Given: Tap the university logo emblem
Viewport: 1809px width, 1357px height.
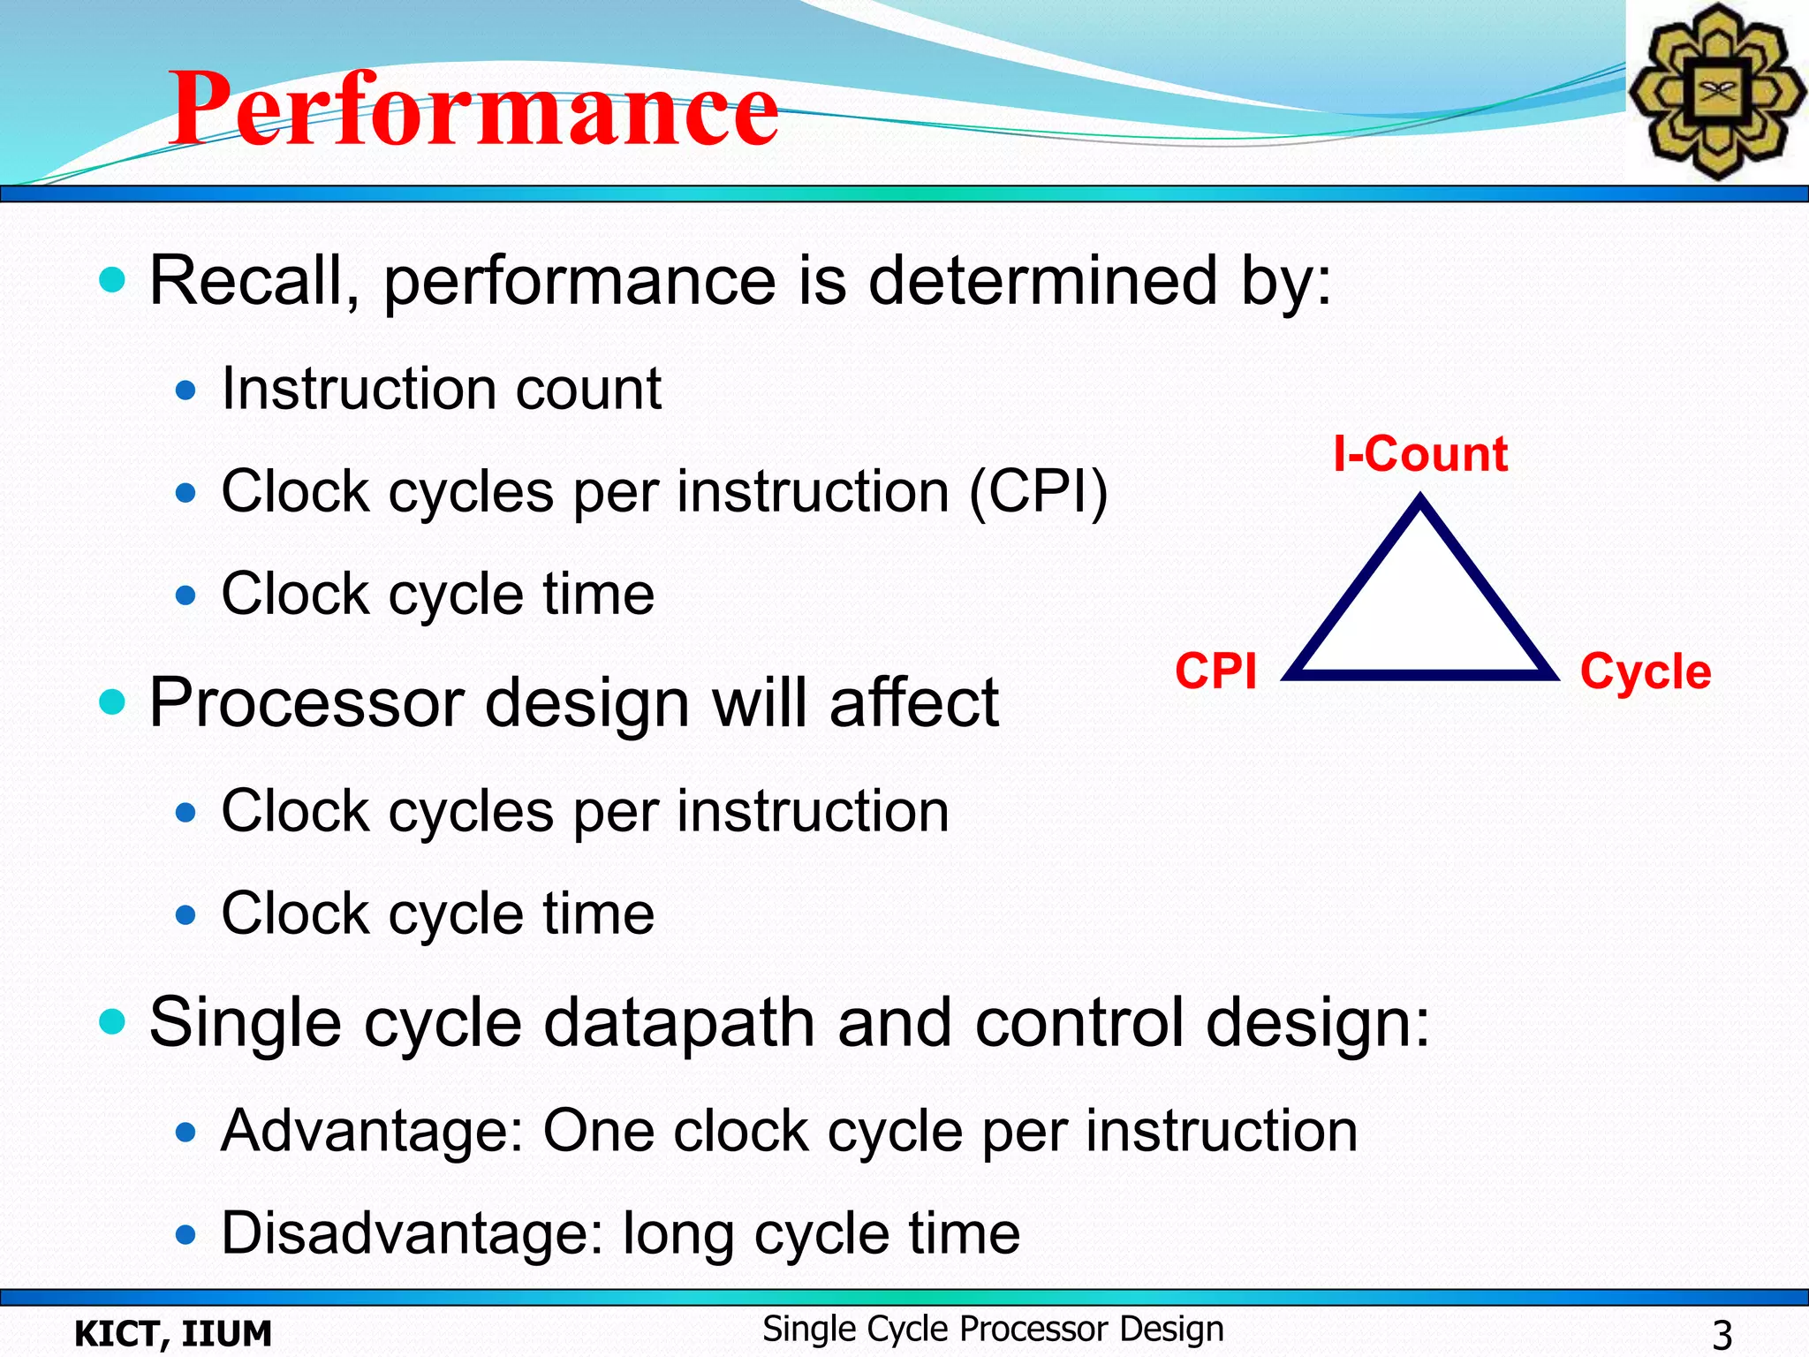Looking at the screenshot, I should point(1715,91).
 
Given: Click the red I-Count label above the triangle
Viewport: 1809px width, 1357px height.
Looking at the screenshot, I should point(1419,454).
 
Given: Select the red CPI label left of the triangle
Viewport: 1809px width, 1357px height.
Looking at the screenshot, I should point(1215,671).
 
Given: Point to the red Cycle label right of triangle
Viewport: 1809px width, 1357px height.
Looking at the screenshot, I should point(1645,672).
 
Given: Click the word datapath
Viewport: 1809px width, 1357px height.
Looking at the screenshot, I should point(678,1023).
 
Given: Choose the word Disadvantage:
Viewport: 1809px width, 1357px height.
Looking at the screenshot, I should point(412,1233).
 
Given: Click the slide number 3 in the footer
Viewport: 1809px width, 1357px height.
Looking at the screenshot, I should point(1722,1333).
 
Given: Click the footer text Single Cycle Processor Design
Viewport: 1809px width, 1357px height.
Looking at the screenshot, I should point(993,1329).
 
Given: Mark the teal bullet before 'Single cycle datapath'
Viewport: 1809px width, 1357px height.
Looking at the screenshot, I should point(112,1021).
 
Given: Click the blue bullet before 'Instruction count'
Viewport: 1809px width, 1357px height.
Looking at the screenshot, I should point(185,390).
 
